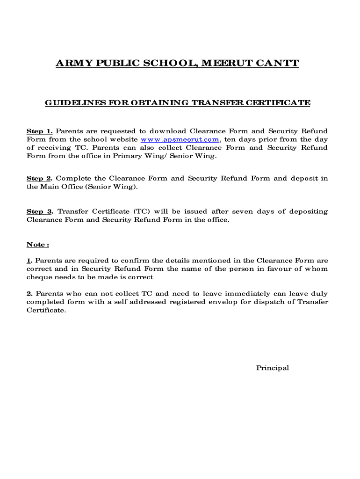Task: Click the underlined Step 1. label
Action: (39, 131)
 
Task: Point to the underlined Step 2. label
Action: (39, 178)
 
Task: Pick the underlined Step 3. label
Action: (40, 211)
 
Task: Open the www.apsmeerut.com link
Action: (180, 139)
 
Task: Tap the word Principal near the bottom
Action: (272, 368)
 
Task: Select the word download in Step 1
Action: (167, 131)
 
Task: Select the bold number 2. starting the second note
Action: (29, 294)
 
